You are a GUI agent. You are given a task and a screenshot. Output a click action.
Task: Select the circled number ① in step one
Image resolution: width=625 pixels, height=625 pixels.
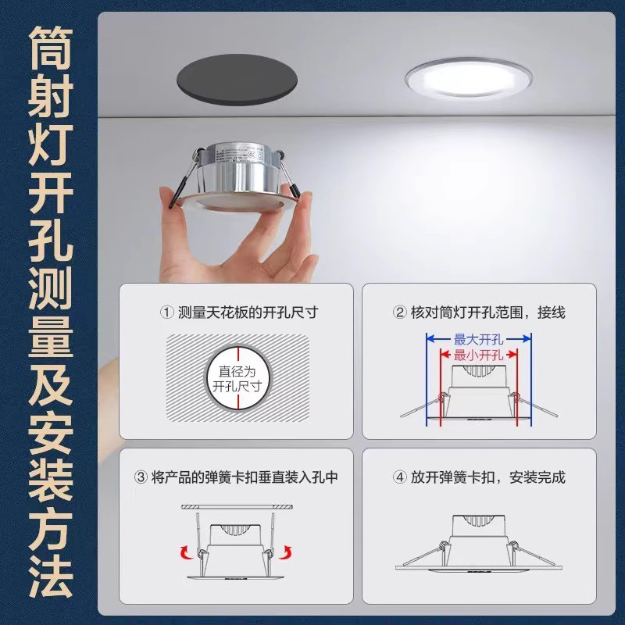point(166,312)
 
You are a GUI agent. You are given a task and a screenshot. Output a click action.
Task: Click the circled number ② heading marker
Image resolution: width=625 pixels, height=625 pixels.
point(398,312)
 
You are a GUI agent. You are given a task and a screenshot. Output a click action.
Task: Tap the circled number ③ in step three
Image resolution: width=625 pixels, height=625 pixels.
point(141,477)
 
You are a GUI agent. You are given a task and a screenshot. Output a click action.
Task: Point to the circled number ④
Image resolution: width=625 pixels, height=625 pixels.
point(398,477)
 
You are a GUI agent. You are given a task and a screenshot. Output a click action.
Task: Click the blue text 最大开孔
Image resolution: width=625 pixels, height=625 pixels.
point(479,339)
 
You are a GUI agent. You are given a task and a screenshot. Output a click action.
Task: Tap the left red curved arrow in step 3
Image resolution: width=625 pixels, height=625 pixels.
point(186,553)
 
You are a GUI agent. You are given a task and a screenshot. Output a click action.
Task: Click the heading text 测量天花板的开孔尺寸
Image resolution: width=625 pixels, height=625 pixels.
point(248,312)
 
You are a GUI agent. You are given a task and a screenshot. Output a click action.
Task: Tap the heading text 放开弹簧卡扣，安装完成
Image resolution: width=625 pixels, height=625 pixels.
point(488,477)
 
